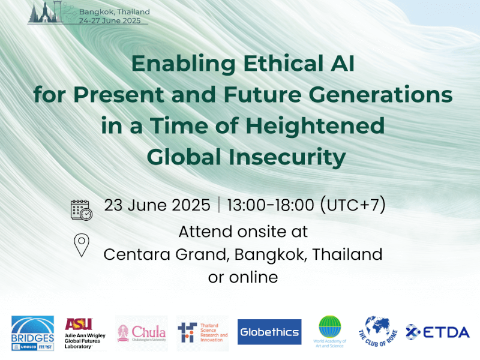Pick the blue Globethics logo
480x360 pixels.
pyautogui.click(x=269, y=332)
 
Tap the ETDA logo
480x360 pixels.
pyautogui.click(x=437, y=332)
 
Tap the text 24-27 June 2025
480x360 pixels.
pyautogui.click(x=110, y=20)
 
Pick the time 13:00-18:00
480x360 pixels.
pyautogui.click(x=270, y=205)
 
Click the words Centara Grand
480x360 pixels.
pyautogui.click(x=166, y=254)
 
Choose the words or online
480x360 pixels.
pyautogui.click(x=243, y=277)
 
